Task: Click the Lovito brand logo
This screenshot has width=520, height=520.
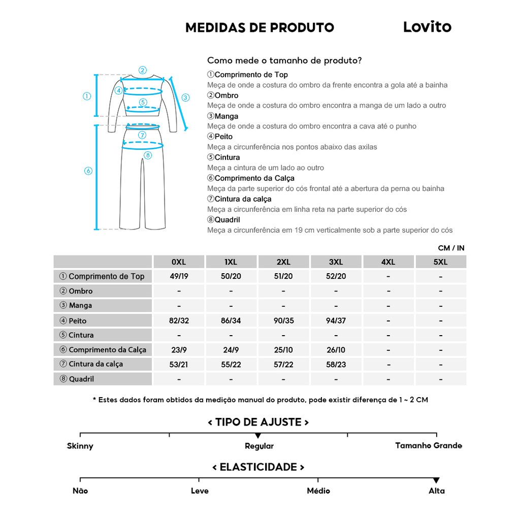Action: coord(427,27)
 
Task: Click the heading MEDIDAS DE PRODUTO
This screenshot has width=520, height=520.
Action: coord(259,27)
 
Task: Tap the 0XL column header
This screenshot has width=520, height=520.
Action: coord(179,262)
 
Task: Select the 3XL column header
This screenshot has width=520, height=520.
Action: coord(336,262)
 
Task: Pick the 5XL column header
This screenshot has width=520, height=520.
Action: coord(440,262)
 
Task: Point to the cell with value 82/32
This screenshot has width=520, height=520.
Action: coord(179,320)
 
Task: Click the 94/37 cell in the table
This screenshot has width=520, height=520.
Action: coord(336,320)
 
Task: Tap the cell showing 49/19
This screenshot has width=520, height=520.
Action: coord(179,276)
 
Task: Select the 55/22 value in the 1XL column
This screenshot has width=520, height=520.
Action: coord(231,364)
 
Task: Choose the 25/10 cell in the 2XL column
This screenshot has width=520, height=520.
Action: coord(283,349)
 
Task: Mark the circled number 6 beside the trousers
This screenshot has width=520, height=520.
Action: coord(88,171)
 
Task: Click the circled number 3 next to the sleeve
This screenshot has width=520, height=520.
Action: coord(185,97)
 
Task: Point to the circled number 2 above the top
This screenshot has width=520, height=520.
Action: coord(143,71)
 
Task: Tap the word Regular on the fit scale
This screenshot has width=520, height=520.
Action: coord(259,446)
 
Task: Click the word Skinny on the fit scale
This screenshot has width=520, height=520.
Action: coord(80,446)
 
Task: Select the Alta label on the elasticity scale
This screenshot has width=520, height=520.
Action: coord(436,491)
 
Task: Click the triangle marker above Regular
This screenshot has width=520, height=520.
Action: coord(258,436)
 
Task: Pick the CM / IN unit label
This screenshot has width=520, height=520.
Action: coord(451,248)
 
